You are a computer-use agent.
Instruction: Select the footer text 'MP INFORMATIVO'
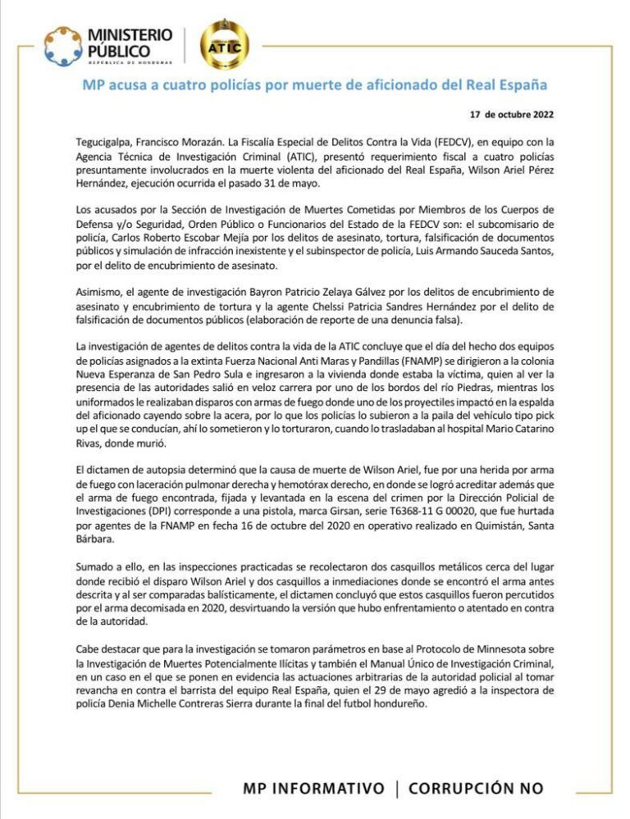point(313,788)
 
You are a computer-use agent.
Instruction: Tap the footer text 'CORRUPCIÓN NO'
point(476,788)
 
